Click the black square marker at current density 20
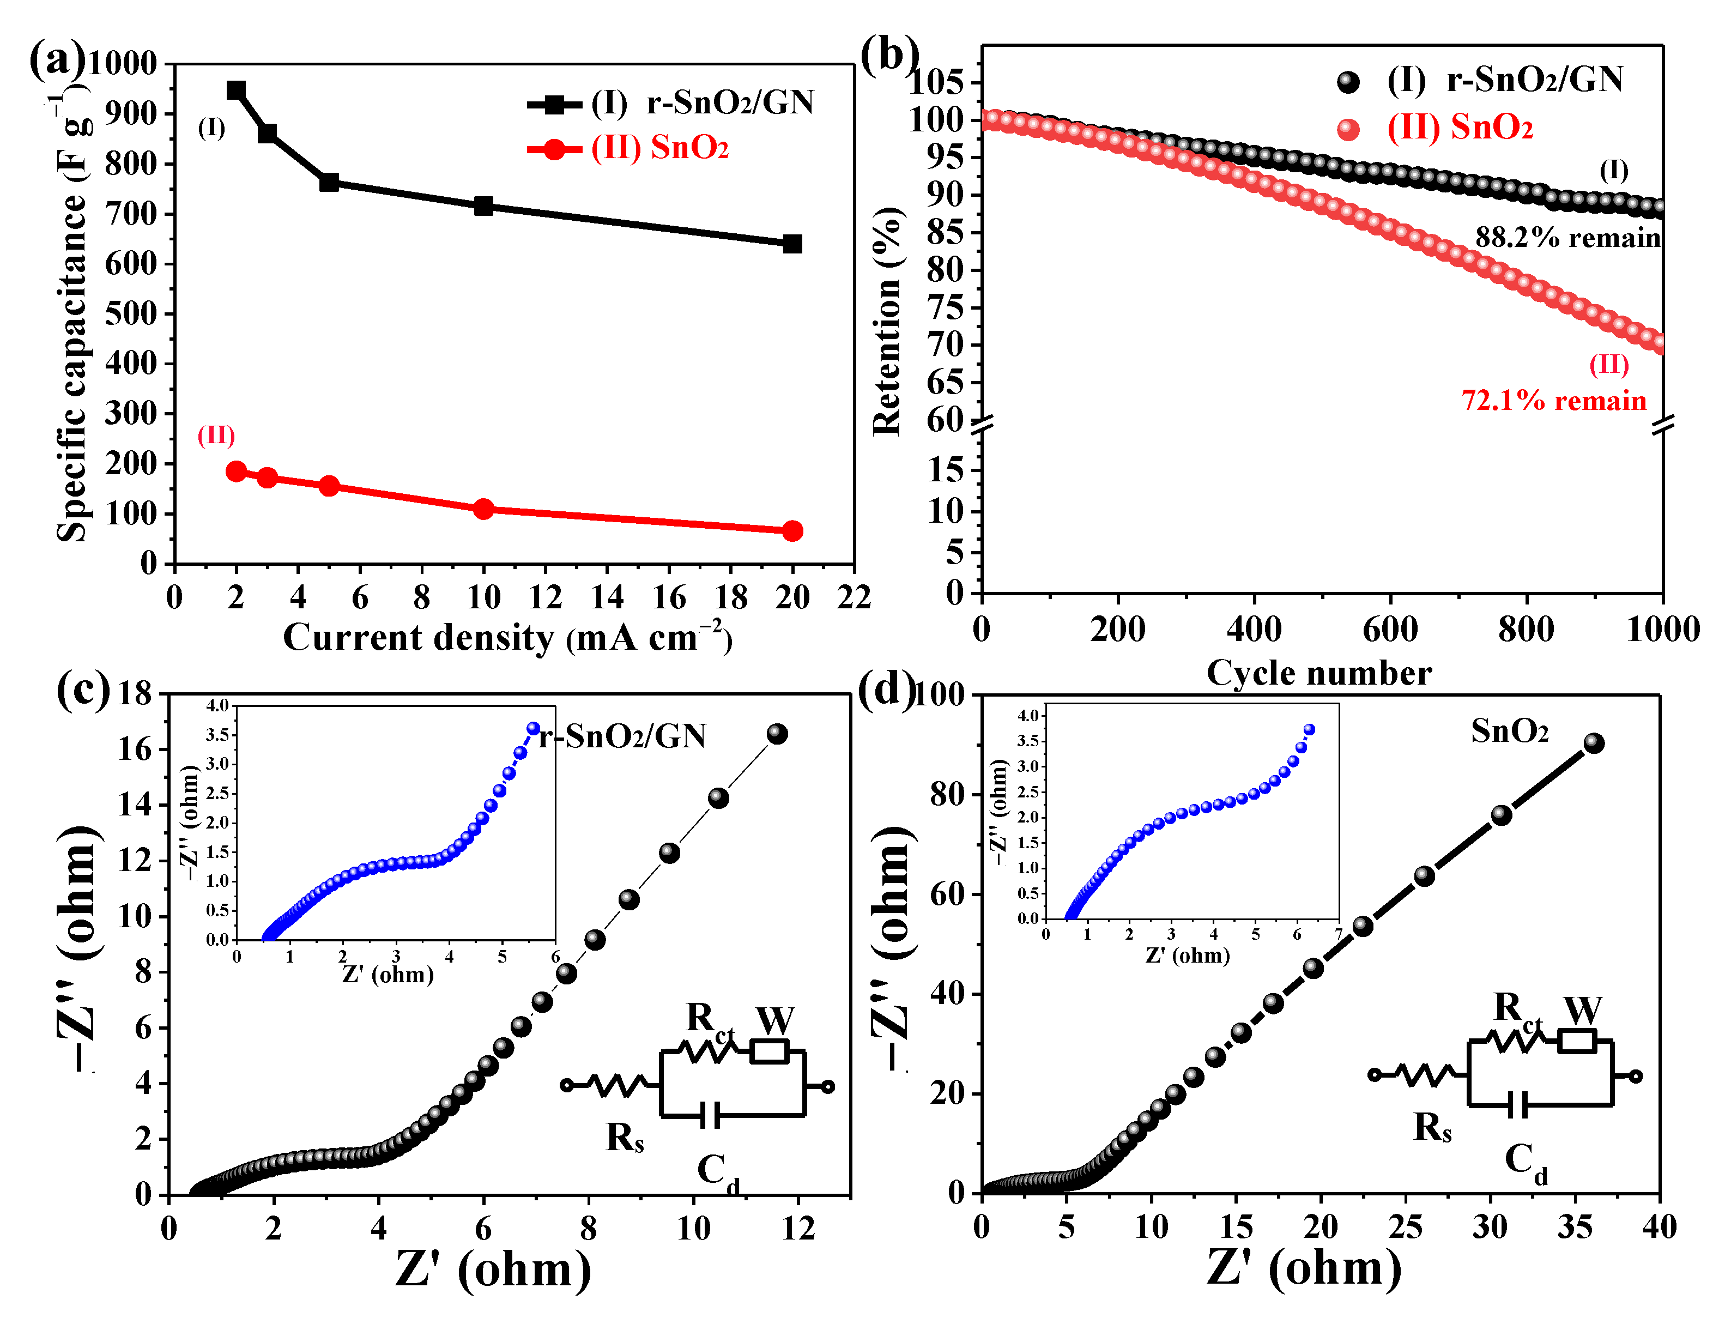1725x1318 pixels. [792, 244]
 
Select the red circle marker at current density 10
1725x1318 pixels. [484, 509]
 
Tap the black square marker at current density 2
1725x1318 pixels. [236, 90]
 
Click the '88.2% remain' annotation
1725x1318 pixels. [1567, 238]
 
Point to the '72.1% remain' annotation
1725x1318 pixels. [1553, 401]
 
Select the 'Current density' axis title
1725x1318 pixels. [507, 638]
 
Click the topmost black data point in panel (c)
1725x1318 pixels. [777, 734]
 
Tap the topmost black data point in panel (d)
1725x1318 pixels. [1593, 743]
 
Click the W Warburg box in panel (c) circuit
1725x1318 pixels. [770, 1051]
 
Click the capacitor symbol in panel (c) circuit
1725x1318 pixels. [711, 1115]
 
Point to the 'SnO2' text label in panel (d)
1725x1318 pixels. [1509, 731]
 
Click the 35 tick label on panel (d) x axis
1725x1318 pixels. [1575, 1228]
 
